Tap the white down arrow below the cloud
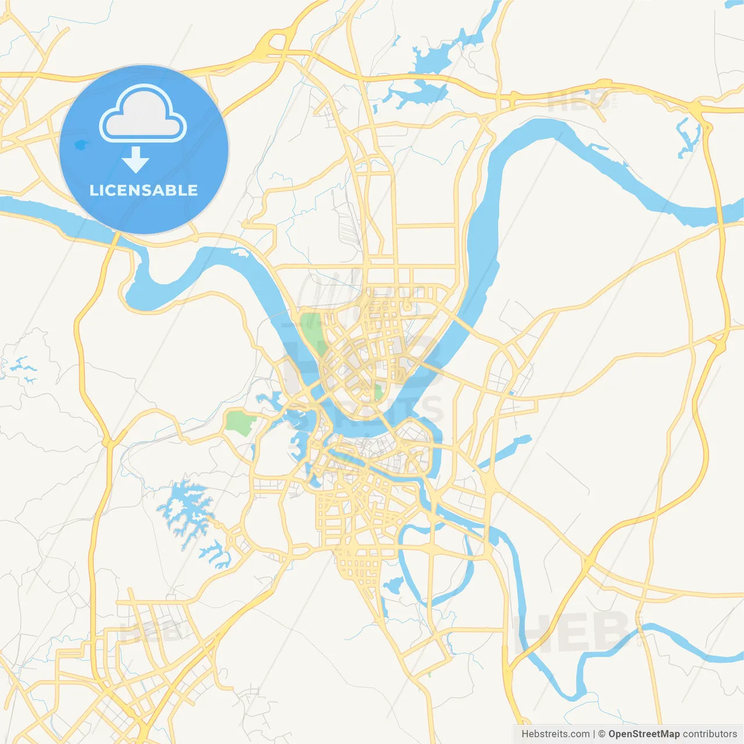(x=135, y=160)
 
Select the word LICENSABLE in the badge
(x=144, y=190)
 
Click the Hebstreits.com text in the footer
(x=555, y=734)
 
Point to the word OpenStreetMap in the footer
(x=643, y=734)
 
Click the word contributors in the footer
(x=710, y=734)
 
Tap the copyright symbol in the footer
(x=602, y=734)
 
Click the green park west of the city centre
(x=238, y=423)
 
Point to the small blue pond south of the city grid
(x=394, y=585)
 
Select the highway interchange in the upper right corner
(x=697, y=109)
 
